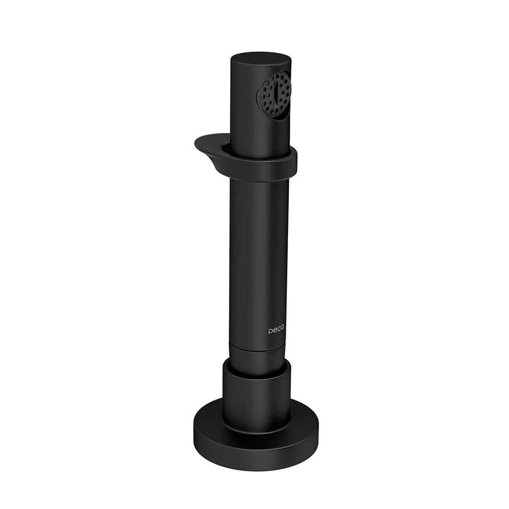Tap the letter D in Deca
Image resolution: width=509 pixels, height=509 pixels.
click(270, 331)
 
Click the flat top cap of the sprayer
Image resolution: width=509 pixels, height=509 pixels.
click(260, 60)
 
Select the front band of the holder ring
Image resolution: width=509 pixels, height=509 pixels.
click(260, 169)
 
